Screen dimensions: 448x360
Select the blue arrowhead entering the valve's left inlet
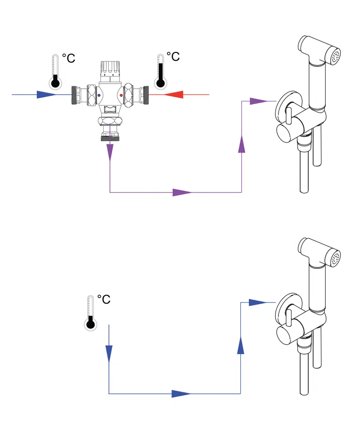click(x=48, y=95)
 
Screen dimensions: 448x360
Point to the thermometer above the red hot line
click(x=161, y=72)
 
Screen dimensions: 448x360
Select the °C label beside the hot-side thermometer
click(x=173, y=57)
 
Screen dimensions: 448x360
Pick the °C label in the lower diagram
click(x=104, y=299)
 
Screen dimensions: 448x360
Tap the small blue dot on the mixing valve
click(x=98, y=96)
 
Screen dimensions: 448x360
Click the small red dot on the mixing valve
click(x=122, y=96)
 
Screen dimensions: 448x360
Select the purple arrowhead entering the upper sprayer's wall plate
click(x=257, y=100)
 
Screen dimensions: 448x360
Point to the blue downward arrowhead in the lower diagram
click(x=109, y=352)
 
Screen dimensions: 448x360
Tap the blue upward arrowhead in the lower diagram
click(x=241, y=345)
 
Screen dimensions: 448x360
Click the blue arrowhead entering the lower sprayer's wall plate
click(x=257, y=302)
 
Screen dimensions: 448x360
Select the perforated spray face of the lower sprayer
click(x=335, y=258)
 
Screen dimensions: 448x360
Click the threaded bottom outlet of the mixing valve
click(x=110, y=137)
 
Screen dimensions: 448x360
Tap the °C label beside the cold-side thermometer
click(x=68, y=58)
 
